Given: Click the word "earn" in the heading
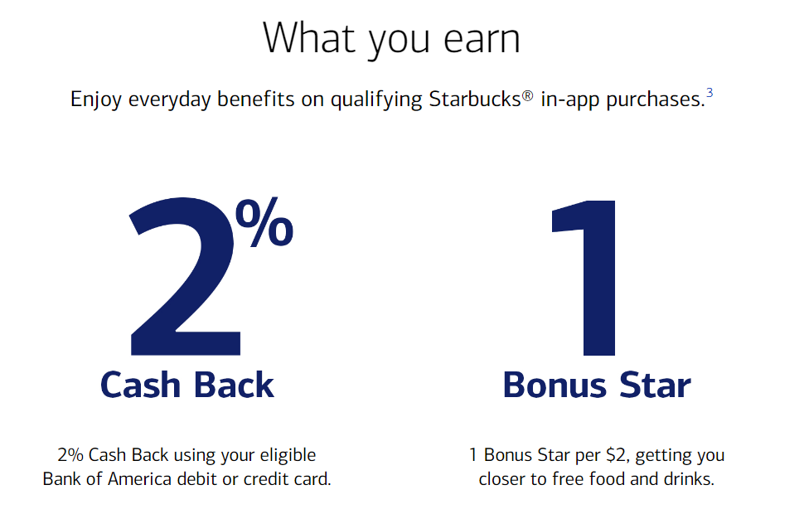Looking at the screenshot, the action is coord(482,39).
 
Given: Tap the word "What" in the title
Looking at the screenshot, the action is coord(309,37).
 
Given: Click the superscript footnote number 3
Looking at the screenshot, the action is coord(710,92).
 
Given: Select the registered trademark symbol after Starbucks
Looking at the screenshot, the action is coord(528,95).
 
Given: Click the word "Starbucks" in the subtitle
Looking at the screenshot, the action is coord(475,99).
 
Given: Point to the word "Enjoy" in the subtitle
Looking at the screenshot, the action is coord(96,99).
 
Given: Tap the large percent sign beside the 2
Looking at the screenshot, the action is coord(264,222).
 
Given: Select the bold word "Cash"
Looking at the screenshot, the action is coord(141,385).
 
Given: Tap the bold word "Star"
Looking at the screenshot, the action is coord(655,385).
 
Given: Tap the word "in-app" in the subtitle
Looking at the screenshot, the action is coord(570,99).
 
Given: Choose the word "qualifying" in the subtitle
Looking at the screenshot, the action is coord(376,99).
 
